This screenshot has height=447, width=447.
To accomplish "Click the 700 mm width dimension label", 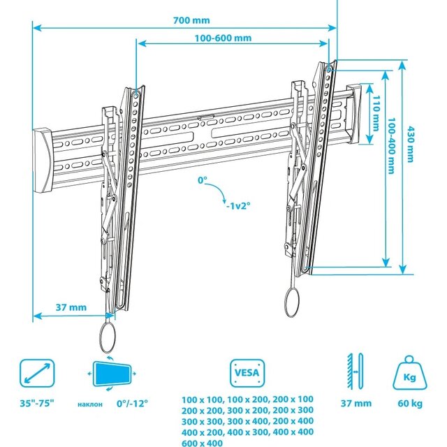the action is [191, 20].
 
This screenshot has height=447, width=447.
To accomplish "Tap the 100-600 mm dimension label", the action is [223, 38].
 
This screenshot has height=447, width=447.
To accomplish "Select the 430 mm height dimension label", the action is [410, 145].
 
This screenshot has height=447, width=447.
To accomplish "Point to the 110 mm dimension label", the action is [376, 113].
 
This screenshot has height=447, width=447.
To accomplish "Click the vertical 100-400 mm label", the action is [392, 146].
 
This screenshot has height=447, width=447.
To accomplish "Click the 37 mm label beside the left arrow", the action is [71, 307].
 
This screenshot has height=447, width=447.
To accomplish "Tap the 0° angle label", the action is [203, 180].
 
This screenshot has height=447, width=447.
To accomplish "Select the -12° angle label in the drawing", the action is [238, 205].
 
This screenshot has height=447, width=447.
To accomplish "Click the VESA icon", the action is [247, 373].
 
